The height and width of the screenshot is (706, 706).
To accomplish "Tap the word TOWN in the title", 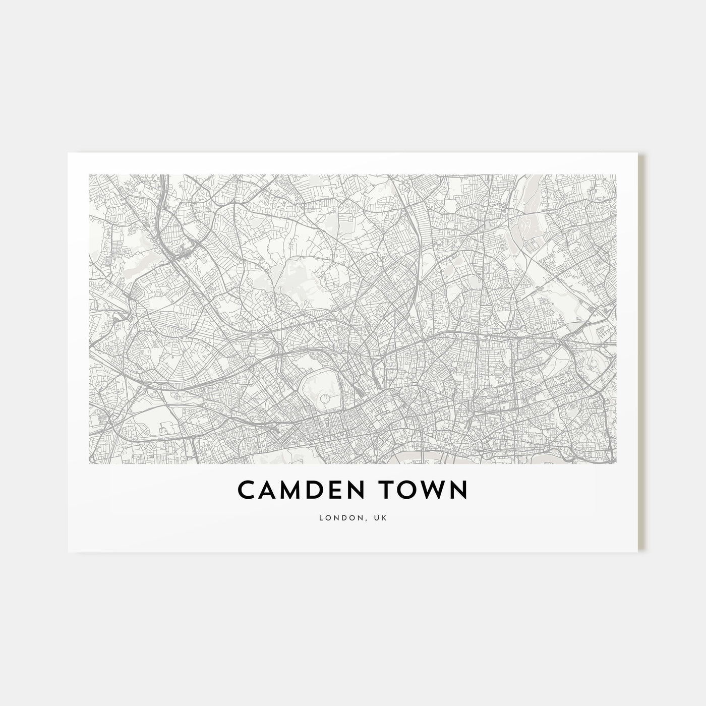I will [423, 490].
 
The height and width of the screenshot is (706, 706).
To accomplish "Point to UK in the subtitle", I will [381, 518].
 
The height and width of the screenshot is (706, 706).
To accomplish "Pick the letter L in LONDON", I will [321, 518].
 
